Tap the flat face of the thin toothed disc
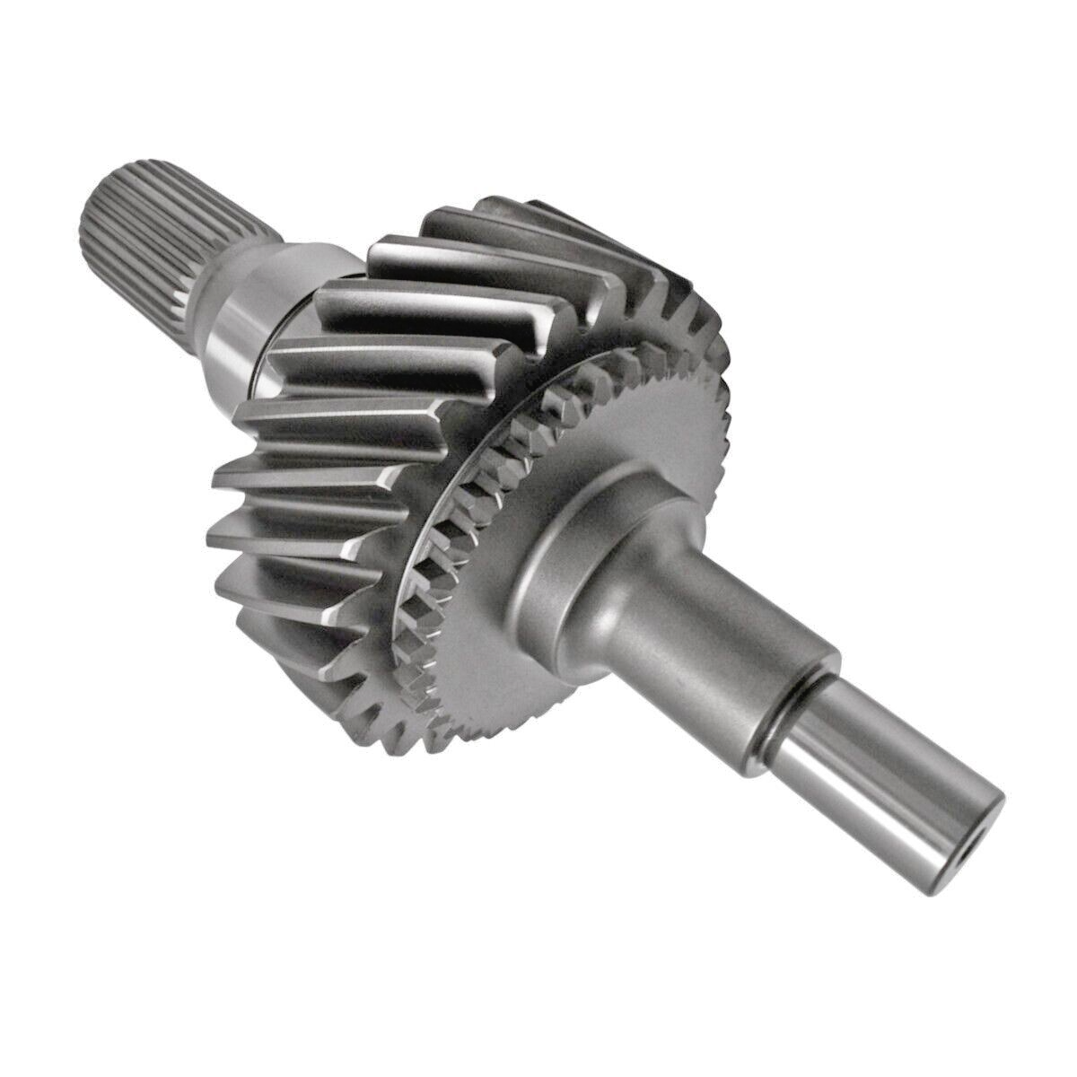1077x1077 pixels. point(503,628)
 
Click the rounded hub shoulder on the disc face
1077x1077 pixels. point(574,538)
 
